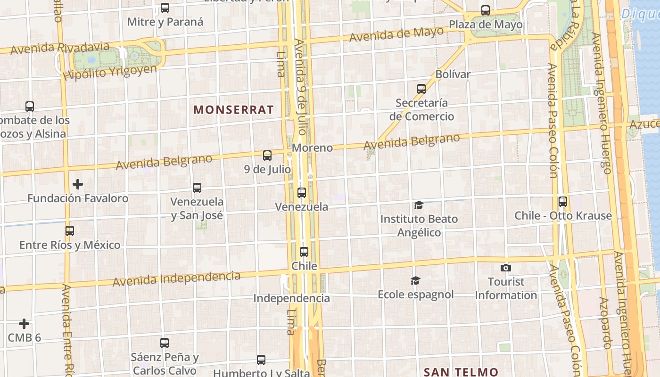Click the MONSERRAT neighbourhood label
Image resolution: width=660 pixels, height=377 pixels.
point(233,110)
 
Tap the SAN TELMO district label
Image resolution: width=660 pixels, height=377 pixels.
point(461,372)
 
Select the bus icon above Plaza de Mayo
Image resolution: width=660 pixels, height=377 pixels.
point(485,10)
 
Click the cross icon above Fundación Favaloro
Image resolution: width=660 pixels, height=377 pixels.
point(78,184)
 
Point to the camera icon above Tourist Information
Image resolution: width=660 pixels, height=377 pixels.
point(505,268)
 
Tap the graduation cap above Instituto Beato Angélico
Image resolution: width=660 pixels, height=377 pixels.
point(419,205)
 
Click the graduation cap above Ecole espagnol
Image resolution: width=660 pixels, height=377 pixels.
point(415,281)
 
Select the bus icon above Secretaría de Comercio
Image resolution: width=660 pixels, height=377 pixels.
point(421,89)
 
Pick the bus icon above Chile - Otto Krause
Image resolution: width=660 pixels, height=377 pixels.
point(562,202)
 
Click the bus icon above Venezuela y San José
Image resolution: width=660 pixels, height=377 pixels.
point(197,188)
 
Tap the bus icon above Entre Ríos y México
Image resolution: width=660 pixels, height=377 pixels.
point(70,231)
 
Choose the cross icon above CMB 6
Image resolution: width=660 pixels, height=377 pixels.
point(24,324)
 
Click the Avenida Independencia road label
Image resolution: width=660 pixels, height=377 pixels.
point(176,279)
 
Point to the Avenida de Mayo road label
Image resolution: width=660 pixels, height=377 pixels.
point(396,34)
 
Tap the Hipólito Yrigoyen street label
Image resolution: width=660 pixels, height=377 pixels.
point(109,73)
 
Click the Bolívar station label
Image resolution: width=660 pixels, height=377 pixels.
point(453,74)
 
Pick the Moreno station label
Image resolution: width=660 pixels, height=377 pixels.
point(312,148)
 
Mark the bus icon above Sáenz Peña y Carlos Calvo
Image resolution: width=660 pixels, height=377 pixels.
point(165,343)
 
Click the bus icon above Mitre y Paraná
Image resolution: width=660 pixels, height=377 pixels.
point(165,8)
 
